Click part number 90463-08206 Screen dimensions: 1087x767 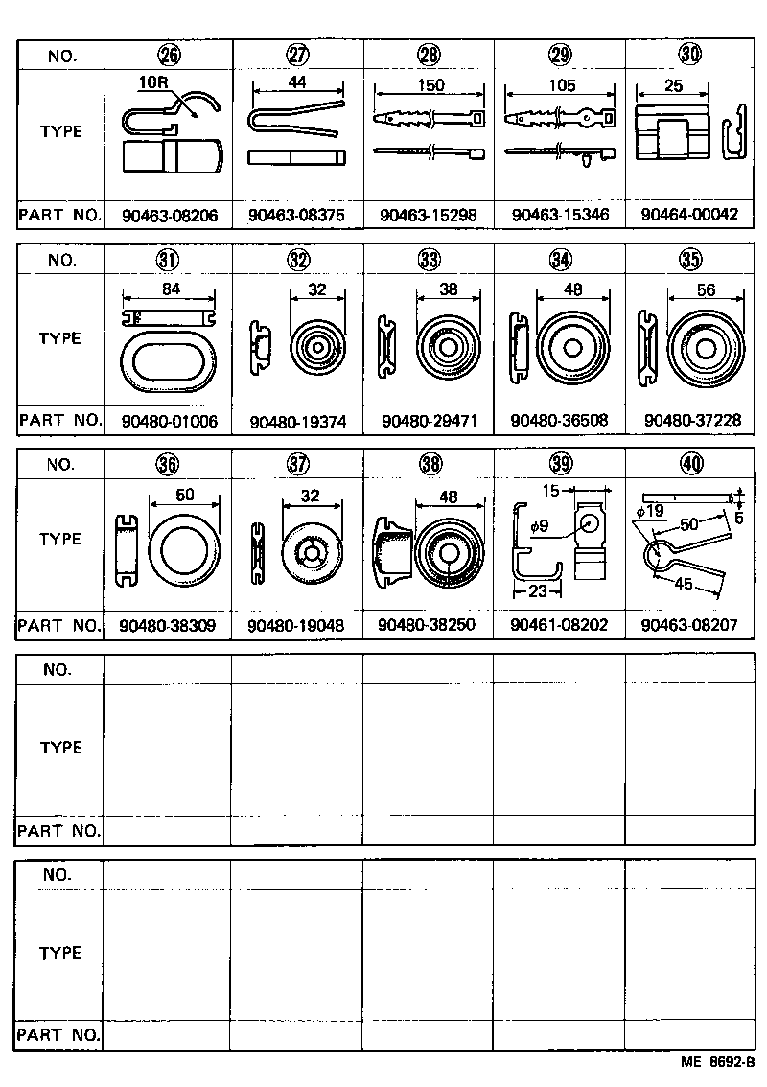(170, 217)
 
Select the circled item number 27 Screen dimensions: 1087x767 (298, 55)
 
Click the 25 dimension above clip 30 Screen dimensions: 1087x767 (674, 86)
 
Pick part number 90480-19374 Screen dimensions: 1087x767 (297, 422)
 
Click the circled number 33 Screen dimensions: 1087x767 (429, 260)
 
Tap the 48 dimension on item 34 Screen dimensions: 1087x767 (573, 290)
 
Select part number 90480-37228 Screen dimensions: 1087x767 (690, 421)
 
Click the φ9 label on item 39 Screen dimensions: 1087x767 (541, 525)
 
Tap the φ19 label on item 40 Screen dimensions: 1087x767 (650, 511)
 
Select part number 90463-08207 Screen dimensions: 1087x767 (690, 626)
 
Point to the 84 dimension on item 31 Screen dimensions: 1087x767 (170, 290)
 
